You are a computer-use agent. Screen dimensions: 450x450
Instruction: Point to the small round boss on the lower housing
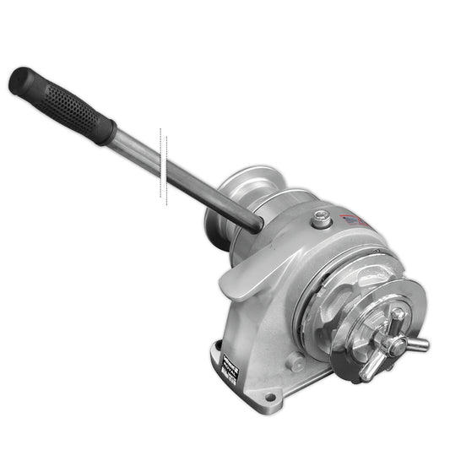tap(295, 362)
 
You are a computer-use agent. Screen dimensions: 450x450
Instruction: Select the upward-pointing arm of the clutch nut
tap(398, 315)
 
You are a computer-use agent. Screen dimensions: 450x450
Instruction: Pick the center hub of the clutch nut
tap(388, 341)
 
